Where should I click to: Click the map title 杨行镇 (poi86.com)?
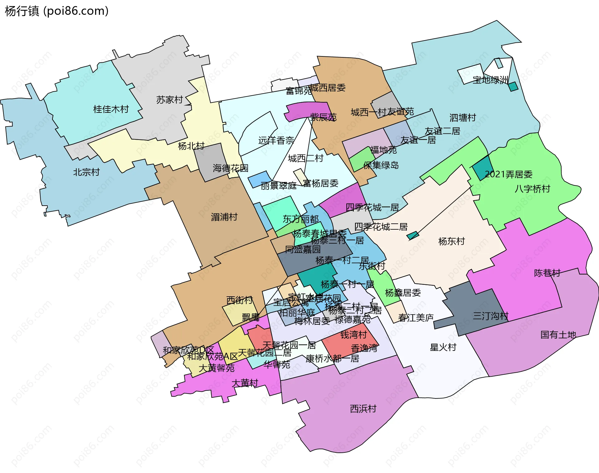[x=56, y=11]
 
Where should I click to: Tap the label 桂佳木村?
[x=111, y=109]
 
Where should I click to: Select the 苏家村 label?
[x=169, y=100]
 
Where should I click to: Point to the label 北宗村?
[x=86, y=172]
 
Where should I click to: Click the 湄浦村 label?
[x=224, y=217]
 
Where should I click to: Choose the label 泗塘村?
[x=462, y=117]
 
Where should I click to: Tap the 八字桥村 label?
[x=532, y=189]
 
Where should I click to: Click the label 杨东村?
[x=451, y=241]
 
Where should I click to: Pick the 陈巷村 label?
[x=547, y=273]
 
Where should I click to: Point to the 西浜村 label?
[x=363, y=408]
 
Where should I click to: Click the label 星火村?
[x=443, y=347]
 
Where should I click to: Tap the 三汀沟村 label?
[x=490, y=316]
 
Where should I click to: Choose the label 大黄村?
[x=245, y=383]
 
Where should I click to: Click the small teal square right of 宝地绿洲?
[x=513, y=86]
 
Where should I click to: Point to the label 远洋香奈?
[x=276, y=141]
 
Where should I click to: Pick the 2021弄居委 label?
[x=509, y=174]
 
